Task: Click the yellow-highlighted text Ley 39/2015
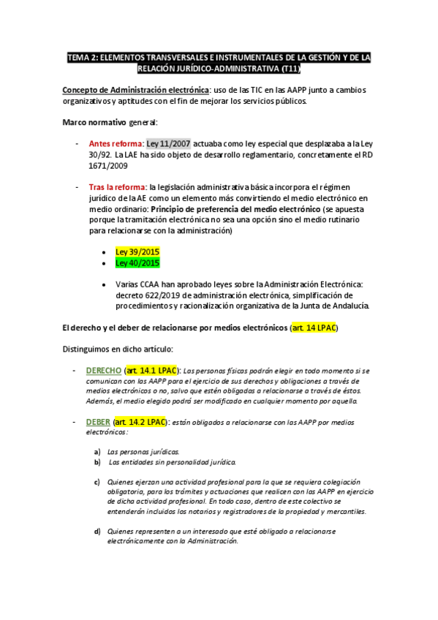(137, 252)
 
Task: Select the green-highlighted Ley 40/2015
(137, 262)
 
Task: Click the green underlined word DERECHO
(104, 371)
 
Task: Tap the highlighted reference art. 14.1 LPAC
(151, 371)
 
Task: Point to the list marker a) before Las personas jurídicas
(97, 452)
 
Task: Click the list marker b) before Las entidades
(97, 463)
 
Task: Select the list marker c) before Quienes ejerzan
(97, 482)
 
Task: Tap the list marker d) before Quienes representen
(97, 531)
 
